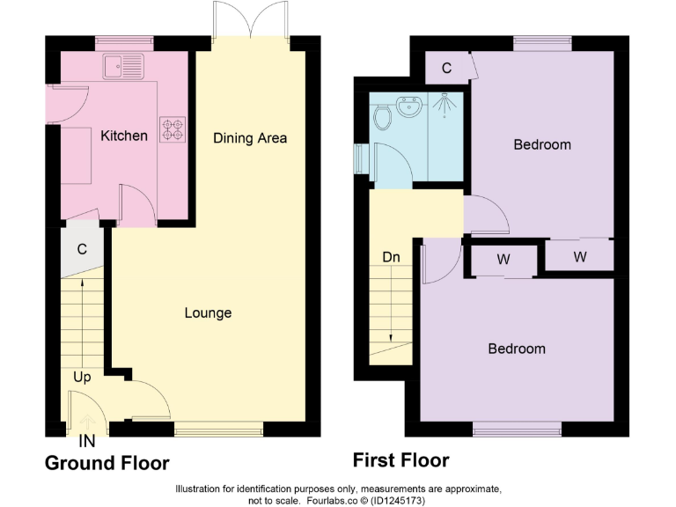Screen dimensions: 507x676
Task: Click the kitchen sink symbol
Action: coord(122,64)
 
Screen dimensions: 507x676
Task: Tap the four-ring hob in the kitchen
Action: coord(172,129)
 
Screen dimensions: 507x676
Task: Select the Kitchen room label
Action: coord(124,136)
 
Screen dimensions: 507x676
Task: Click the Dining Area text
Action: coord(250,138)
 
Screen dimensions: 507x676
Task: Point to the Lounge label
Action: coord(208,312)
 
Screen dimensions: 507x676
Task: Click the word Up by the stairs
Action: coord(82,377)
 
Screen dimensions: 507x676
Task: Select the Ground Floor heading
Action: coord(107,463)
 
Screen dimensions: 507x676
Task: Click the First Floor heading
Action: coord(400,460)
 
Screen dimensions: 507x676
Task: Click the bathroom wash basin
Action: coord(409,108)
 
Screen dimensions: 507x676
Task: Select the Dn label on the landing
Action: coord(392,258)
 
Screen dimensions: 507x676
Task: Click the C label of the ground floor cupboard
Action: coord(82,249)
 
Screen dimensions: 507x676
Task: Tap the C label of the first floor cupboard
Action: coord(446,68)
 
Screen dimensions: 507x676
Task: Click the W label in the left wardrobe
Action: coord(503,260)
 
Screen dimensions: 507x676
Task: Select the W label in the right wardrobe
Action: coord(579,256)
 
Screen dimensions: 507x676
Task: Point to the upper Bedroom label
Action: coord(542,144)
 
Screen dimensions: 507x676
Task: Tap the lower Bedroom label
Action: coord(517,349)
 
